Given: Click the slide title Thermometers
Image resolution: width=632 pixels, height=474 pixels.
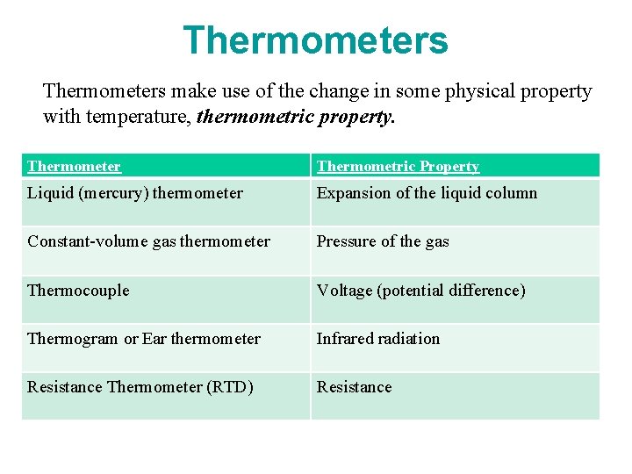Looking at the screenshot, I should click(x=315, y=40).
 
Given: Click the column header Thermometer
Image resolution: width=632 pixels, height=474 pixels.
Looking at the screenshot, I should click(x=74, y=166).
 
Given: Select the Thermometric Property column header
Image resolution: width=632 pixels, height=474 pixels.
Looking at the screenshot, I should click(x=398, y=166).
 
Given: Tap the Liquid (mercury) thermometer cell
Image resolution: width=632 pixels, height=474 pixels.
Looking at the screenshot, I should click(x=135, y=193).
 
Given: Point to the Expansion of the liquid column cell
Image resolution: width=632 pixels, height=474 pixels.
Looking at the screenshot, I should click(x=427, y=193).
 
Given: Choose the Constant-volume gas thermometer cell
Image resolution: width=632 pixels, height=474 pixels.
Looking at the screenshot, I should click(x=148, y=241).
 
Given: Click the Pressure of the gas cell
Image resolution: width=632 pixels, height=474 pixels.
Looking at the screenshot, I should click(x=383, y=241).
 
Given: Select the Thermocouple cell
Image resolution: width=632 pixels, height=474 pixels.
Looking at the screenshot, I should click(x=78, y=291).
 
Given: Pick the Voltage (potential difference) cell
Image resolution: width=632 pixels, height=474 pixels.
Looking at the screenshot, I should click(x=420, y=291).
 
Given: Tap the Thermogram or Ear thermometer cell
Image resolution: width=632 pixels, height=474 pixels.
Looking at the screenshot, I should click(x=144, y=339).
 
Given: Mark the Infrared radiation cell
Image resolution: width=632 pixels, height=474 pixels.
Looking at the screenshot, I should click(x=378, y=339).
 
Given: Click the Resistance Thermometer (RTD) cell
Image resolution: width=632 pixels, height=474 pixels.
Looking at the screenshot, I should click(x=140, y=387).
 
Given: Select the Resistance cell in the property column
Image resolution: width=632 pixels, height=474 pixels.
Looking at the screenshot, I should click(x=355, y=387).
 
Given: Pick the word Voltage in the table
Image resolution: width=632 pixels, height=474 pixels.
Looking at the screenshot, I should click(x=344, y=291).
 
